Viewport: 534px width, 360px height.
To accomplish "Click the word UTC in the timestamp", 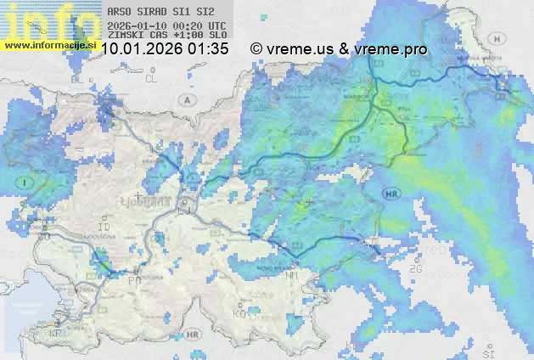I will (x=216, y=26).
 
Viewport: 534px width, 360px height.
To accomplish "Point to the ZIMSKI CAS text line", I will (x=166, y=37).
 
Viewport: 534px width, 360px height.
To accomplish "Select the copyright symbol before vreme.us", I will (x=256, y=49).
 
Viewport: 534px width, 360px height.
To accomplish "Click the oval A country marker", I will (x=186, y=99).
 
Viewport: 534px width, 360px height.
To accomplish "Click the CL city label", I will (x=152, y=78).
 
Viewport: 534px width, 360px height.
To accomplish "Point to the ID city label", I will (x=105, y=228).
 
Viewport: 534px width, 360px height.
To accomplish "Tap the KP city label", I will (x=56, y=334).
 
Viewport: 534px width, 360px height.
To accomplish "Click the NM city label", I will (x=293, y=277).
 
